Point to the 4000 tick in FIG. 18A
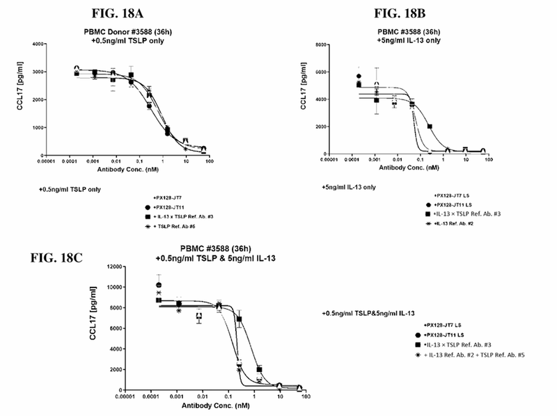38,44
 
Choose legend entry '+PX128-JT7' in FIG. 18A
163,198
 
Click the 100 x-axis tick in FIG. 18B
488,161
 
